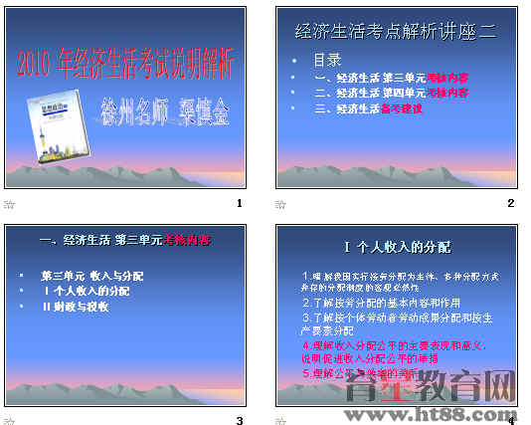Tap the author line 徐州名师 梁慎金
165,110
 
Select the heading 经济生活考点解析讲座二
395,32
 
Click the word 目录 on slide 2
328,59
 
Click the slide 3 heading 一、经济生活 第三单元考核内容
124,240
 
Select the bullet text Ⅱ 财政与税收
75,307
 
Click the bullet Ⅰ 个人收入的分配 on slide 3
86,291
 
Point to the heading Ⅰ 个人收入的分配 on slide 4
397,246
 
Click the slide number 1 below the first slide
239,204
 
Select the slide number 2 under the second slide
510,204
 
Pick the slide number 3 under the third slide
239,421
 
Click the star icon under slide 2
280,204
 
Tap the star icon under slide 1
10,204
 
